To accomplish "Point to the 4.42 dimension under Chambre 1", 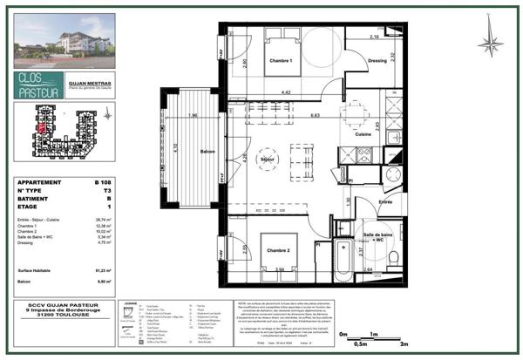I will tap(284, 91).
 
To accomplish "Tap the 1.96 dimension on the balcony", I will tap(191, 116).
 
